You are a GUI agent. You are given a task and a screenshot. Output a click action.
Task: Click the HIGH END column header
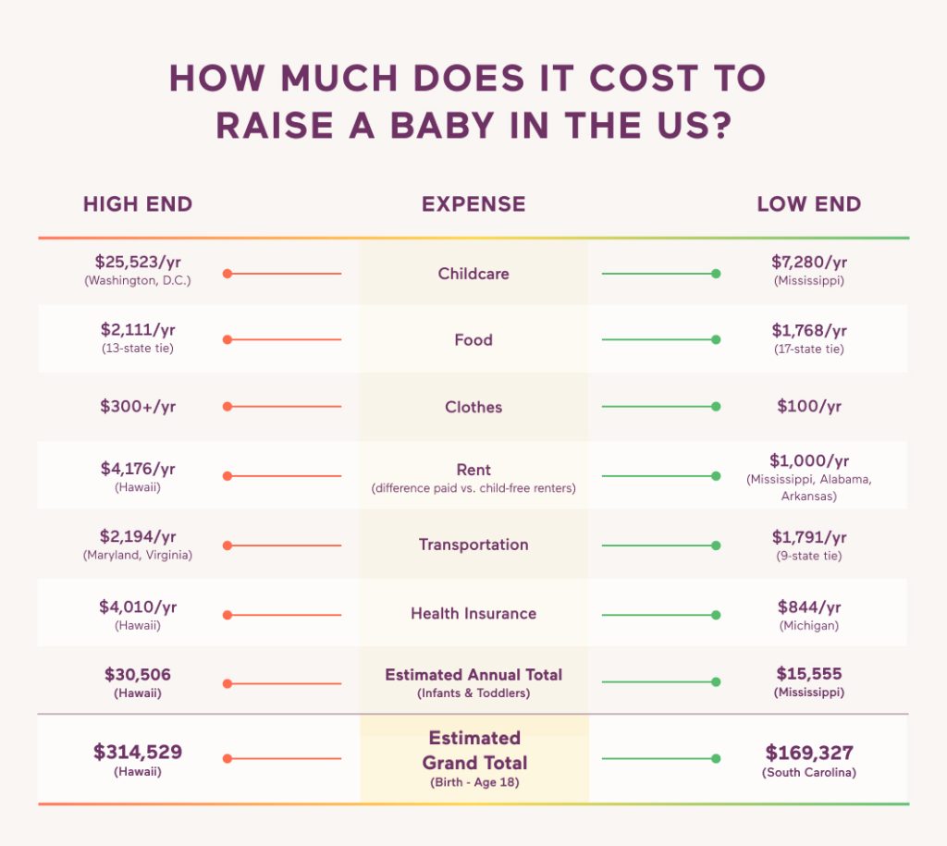[x=138, y=204]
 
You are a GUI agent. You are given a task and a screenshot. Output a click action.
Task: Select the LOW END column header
[x=808, y=204]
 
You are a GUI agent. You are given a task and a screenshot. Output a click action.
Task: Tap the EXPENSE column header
[x=473, y=204]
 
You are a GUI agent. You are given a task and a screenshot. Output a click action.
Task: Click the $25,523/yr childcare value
[x=138, y=263]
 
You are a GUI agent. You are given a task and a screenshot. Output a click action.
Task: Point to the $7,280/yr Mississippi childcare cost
[x=808, y=263]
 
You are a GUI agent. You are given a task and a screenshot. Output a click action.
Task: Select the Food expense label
[x=473, y=340]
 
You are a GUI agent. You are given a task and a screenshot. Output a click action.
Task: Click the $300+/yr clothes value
[x=138, y=407]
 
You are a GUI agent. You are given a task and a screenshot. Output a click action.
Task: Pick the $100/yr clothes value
[x=808, y=407]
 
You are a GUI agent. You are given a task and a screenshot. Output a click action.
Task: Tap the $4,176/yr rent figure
[x=138, y=468]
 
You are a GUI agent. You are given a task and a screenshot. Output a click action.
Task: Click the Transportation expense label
[x=473, y=545]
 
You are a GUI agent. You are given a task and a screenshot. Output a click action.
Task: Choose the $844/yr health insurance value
[x=808, y=607]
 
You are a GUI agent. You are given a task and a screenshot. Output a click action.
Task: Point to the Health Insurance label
[x=473, y=613]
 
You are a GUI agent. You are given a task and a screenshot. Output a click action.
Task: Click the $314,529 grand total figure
[x=138, y=752]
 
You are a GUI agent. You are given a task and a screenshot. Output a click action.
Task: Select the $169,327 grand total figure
[x=808, y=752]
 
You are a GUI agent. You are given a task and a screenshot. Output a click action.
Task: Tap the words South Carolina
[x=808, y=772]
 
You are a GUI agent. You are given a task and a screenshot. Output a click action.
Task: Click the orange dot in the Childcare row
[x=227, y=274]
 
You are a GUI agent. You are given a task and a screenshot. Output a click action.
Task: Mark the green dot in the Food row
[x=716, y=340]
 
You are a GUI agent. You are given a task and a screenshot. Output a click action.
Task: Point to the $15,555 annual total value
[x=808, y=674]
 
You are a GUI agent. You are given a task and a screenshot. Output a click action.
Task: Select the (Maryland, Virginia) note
[x=138, y=556]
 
